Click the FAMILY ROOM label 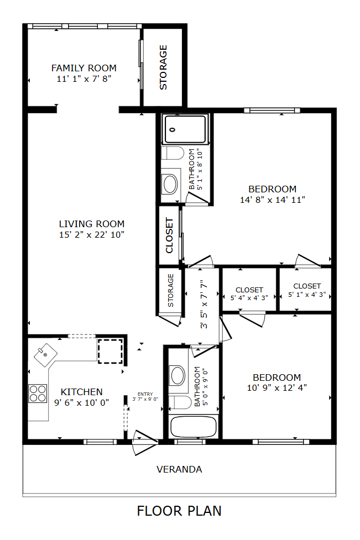tap(84, 68)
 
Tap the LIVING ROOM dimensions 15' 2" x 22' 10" tap(92, 235)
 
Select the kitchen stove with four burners tap(38, 394)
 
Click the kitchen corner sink tap(45, 355)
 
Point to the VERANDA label tap(179, 469)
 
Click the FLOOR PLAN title tap(179, 511)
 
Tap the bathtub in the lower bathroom tap(194, 427)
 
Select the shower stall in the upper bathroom tap(185, 129)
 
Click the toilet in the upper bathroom tap(173, 153)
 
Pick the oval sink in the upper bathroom tap(170, 184)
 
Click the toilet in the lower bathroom tap(180, 402)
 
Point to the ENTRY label tap(145, 394)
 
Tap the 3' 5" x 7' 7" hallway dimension tap(204, 304)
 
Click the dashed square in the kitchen tap(110, 352)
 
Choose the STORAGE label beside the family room tap(163, 67)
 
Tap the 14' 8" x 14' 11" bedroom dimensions tap(273, 200)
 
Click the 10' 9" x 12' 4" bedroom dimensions tap(277, 388)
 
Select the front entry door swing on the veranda tap(145, 443)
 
